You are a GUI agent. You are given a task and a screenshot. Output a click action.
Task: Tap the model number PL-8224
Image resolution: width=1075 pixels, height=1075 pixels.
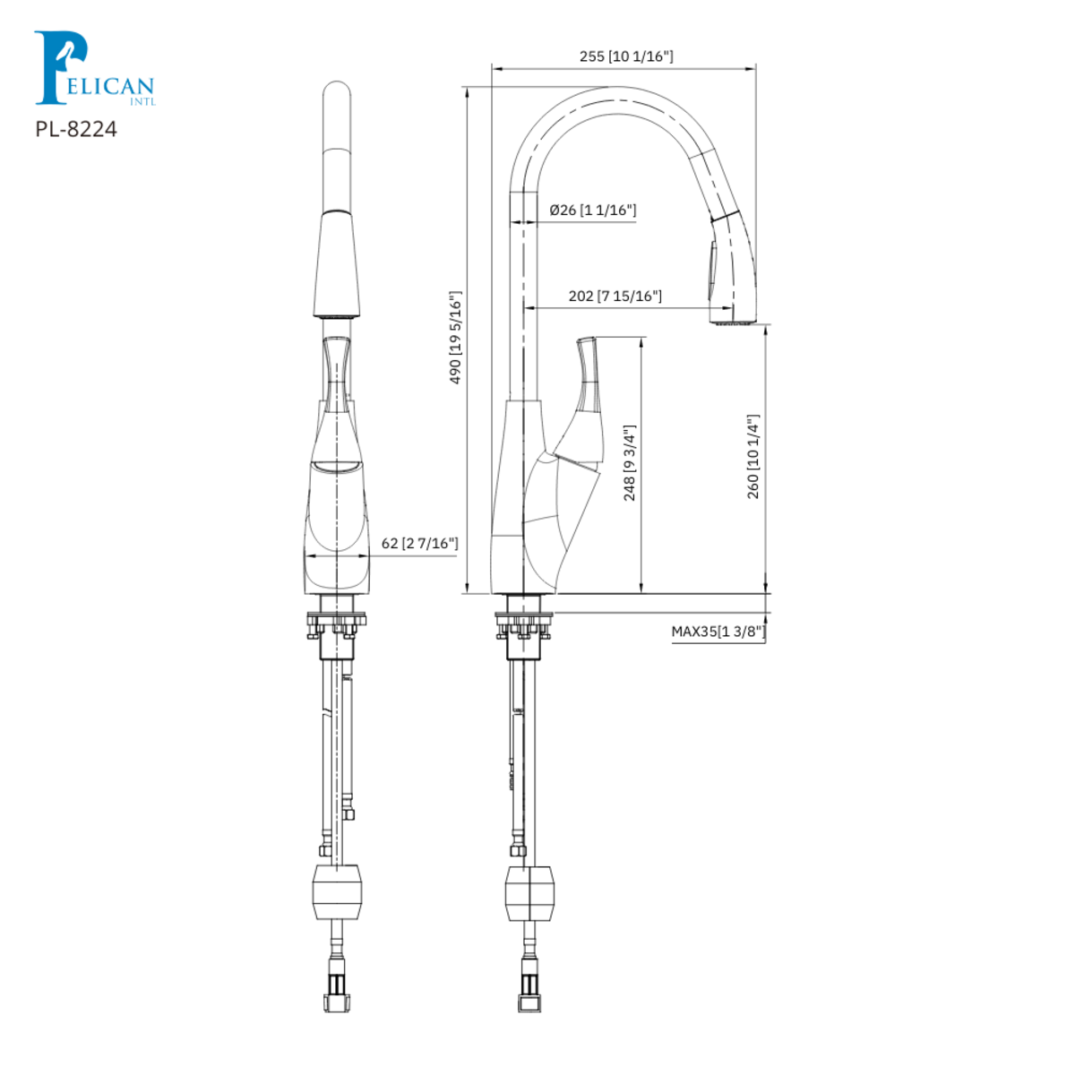[x=76, y=129]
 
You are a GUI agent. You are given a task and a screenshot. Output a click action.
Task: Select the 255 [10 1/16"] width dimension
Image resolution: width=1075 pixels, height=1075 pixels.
[x=626, y=56]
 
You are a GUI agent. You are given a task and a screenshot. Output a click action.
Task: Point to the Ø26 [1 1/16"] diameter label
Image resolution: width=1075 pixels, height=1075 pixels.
[x=592, y=211]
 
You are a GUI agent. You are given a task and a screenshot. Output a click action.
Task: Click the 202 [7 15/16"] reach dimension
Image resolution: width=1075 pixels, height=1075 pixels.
[x=615, y=296]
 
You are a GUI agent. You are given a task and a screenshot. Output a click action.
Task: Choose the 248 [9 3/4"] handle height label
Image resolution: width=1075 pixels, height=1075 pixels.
[x=630, y=463]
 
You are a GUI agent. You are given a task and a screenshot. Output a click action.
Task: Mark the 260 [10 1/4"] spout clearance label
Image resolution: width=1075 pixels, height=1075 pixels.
[x=753, y=457]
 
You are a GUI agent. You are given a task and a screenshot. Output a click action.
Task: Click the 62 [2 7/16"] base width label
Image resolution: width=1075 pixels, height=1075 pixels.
[x=419, y=544]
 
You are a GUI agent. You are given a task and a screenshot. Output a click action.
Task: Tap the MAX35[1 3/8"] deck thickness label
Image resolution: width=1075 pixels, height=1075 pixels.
[x=718, y=632]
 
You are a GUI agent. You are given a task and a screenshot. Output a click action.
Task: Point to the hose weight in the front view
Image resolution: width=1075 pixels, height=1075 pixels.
[x=338, y=891]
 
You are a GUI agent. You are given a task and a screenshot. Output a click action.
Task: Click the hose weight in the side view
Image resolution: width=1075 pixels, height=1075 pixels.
[x=530, y=892]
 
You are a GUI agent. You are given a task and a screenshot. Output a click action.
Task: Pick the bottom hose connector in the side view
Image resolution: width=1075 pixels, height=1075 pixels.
[x=530, y=990]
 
